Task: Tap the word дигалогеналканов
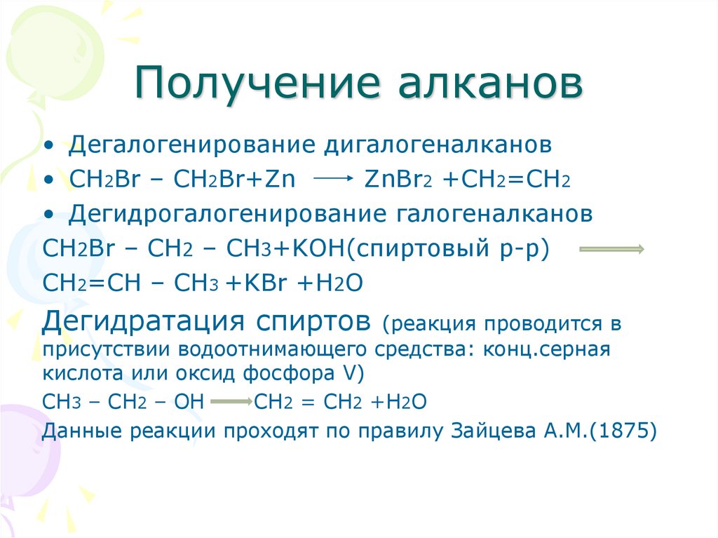tap(437, 146)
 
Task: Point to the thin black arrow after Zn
tap(332, 180)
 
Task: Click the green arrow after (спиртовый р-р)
tap(611, 249)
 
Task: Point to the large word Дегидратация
tap(143, 322)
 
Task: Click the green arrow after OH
tap(231, 403)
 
